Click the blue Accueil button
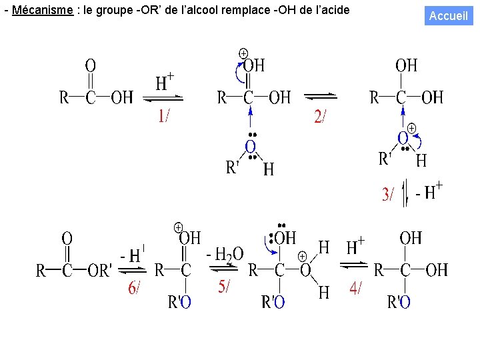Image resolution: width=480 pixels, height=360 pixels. pyautogui.click(x=449, y=15)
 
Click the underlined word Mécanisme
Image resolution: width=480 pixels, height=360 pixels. pyautogui.click(x=43, y=10)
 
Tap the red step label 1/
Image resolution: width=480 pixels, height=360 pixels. pyautogui.click(x=164, y=116)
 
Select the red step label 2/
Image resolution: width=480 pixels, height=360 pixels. pyautogui.click(x=320, y=116)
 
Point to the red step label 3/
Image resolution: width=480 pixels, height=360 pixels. pyautogui.click(x=388, y=194)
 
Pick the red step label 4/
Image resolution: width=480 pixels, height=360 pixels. pyautogui.click(x=355, y=288)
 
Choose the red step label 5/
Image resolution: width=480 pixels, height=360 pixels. pyautogui.click(x=224, y=287)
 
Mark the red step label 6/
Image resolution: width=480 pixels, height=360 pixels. pyautogui.click(x=134, y=288)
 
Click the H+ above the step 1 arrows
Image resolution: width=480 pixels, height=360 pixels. pyautogui.click(x=165, y=82)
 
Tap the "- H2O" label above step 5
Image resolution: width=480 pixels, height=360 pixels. pyautogui.click(x=225, y=254)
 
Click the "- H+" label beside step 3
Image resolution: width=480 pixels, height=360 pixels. pyautogui.click(x=429, y=191)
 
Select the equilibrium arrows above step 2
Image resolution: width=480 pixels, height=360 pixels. pyautogui.click(x=321, y=97)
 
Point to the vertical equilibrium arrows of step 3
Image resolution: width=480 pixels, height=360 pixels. pyautogui.click(x=405, y=193)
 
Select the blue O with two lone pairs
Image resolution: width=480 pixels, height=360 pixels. pyautogui.click(x=251, y=147)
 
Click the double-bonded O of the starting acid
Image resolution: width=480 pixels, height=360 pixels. pyautogui.click(x=90, y=66)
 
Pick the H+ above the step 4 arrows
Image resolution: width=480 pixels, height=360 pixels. pyautogui.click(x=355, y=246)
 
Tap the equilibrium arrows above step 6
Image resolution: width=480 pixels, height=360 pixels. pyautogui.click(x=132, y=270)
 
